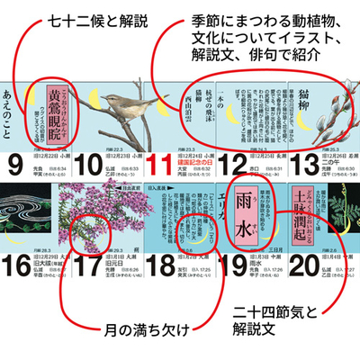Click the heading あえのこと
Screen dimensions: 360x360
coord(19,92)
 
